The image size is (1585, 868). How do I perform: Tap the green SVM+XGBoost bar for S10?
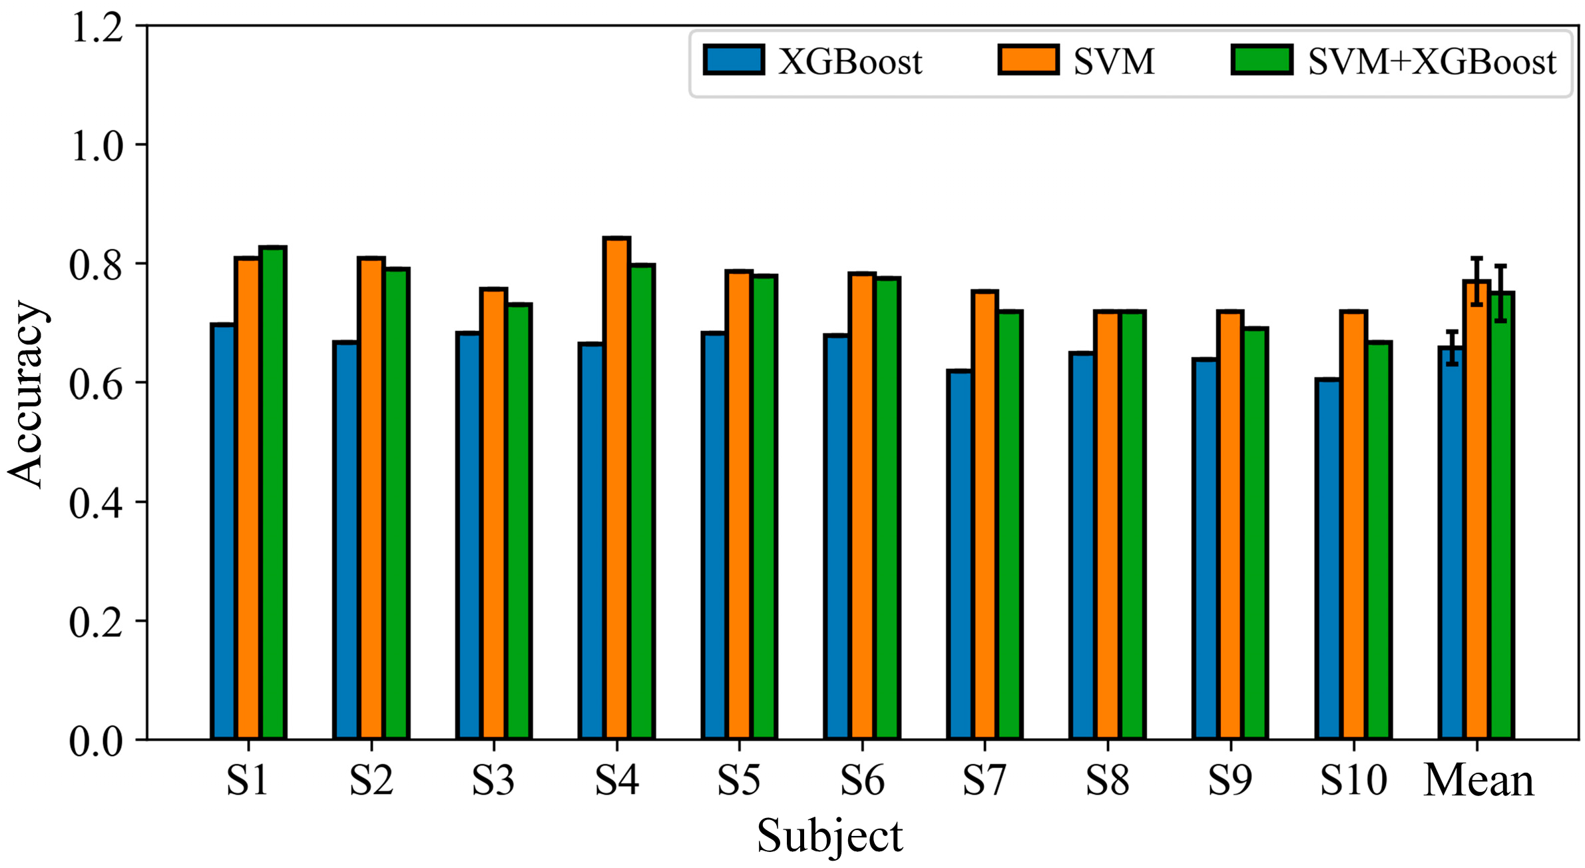[1378, 540]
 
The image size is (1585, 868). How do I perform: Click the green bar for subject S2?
[397, 504]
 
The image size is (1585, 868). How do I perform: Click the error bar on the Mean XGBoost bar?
[1452, 348]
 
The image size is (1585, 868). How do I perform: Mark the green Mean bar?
[1502, 516]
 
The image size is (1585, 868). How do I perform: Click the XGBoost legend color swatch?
[734, 60]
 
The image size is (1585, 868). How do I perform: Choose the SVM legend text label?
[1114, 62]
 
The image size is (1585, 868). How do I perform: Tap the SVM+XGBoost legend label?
[1432, 62]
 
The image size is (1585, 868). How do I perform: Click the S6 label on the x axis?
[862, 780]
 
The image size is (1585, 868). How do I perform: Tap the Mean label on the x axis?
[1478, 780]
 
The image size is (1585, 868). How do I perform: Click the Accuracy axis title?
[27, 394]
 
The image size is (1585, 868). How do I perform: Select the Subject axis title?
[829, 835]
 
